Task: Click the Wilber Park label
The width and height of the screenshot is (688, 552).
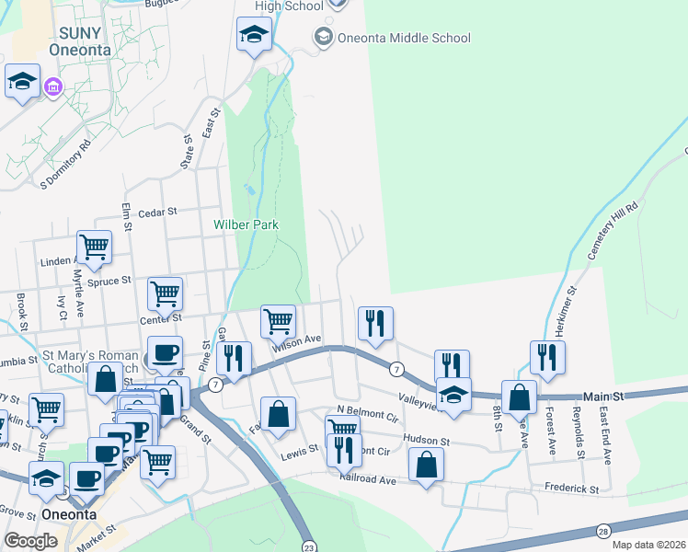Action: tap(246, 224)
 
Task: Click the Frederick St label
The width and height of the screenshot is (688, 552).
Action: tap(571, 489)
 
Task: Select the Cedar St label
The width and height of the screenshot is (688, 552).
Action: tap(157, 213)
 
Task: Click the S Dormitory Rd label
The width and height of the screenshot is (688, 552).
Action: tap(66, 163)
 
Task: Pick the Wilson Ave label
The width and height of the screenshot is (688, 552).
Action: tap(295, 343)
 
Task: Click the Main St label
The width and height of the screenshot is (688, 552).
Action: tap(606, 395)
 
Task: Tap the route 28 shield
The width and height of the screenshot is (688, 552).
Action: tap(603, 531)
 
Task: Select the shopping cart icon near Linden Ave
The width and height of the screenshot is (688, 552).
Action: tap(94, 246)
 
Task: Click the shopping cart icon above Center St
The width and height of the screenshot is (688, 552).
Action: tap(165, 293)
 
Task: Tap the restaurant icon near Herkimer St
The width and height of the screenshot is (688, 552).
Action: tap(547, 356)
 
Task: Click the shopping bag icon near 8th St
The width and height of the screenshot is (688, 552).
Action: tap(519, 397)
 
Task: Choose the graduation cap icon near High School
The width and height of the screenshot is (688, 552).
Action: tap(254, 35)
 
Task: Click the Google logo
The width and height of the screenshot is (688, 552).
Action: tap(31, 541)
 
